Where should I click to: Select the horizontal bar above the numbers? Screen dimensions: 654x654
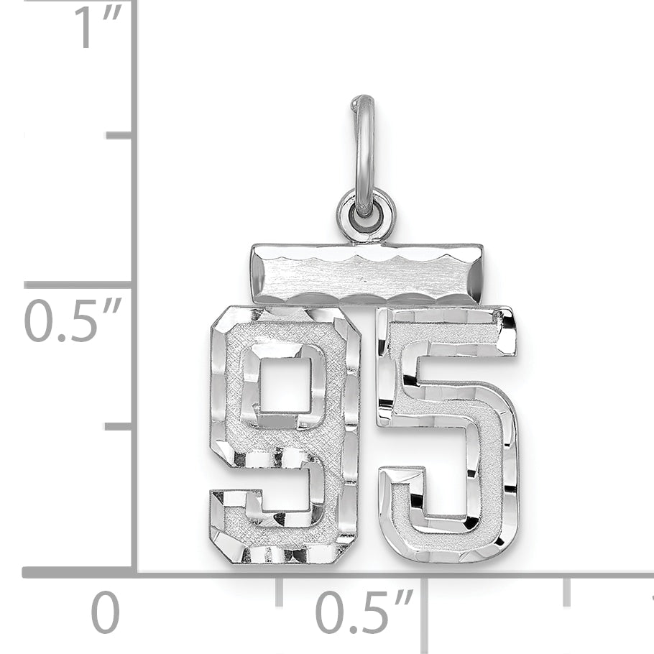point(368,274)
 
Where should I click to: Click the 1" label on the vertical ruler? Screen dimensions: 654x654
point(97,27)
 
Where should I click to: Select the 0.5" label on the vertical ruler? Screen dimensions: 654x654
point(73,321)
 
